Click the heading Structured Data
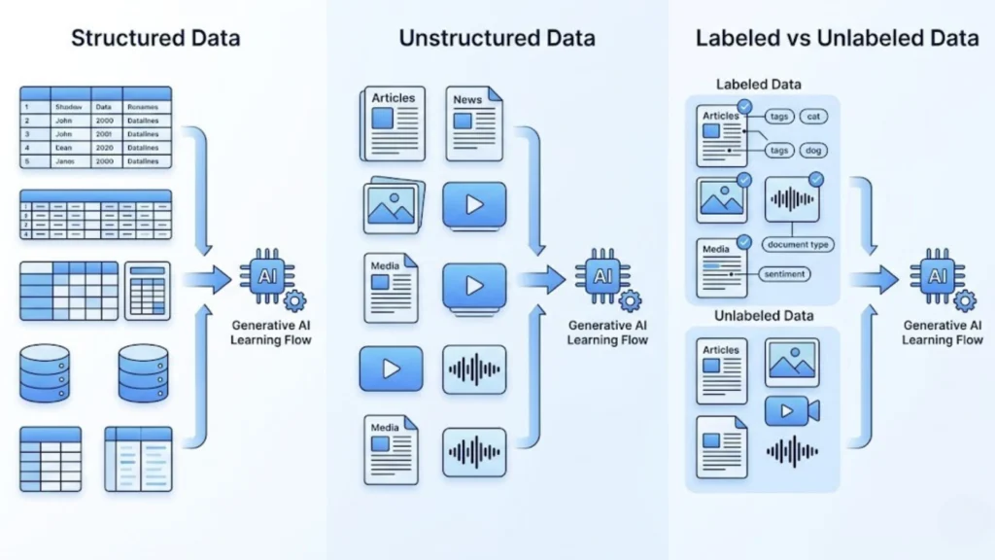tap(155, 39)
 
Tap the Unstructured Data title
tap(497, 39)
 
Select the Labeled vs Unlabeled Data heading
tap(836, 39)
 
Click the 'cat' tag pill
tap(812, 117)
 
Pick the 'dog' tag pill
tap(812, 151)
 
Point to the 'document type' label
tap(798, 245)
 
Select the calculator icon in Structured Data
tap(148, 291)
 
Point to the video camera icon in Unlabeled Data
tap(792, 411)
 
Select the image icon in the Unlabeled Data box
tap(791, 362)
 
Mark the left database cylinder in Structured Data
tap(45, 375)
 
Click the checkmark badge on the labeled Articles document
tap(744, 106)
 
